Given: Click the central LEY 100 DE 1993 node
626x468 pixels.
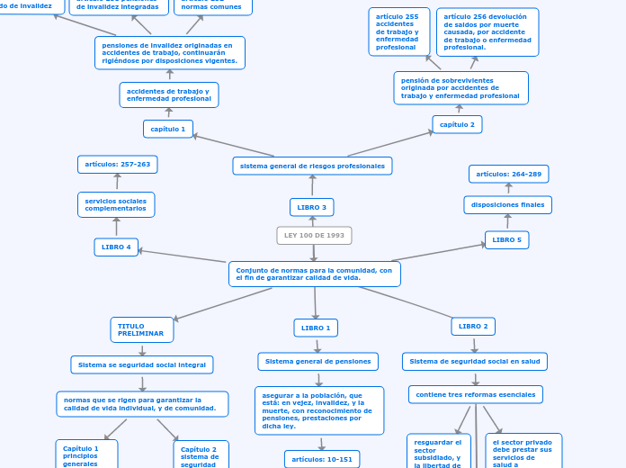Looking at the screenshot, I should click(314, 236).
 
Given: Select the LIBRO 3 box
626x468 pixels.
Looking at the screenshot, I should click(311, 208).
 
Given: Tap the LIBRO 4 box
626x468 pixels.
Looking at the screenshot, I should click(116, 247).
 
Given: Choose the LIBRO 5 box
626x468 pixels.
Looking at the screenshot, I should click(506, 240).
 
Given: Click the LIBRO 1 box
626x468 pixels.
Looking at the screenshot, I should click(316, 328).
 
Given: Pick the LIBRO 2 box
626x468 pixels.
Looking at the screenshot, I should click(473, 327).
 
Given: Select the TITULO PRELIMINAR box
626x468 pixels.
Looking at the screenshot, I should click(142, 330).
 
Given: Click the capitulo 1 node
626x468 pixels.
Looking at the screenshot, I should click(168, 129).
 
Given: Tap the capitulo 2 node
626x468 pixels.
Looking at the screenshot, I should click(457, 124).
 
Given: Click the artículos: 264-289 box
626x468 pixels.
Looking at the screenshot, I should click(508, 174).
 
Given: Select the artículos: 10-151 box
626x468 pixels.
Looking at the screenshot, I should click(322, 459).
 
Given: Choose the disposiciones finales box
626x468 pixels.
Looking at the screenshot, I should click(507, 205).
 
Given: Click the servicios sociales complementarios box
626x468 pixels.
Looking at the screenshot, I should click(116, 205).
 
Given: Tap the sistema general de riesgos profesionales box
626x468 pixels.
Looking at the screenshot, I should click(312, 166).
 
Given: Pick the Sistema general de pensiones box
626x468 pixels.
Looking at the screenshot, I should click(317, 362).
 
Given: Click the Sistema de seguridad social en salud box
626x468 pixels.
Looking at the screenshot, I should click(474, 362).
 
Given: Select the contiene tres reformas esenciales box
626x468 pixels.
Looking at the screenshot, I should click(475, 394).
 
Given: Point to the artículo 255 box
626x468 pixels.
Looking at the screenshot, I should click(399, 31).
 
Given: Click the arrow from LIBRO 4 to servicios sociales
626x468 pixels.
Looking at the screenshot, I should click(116, 227).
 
